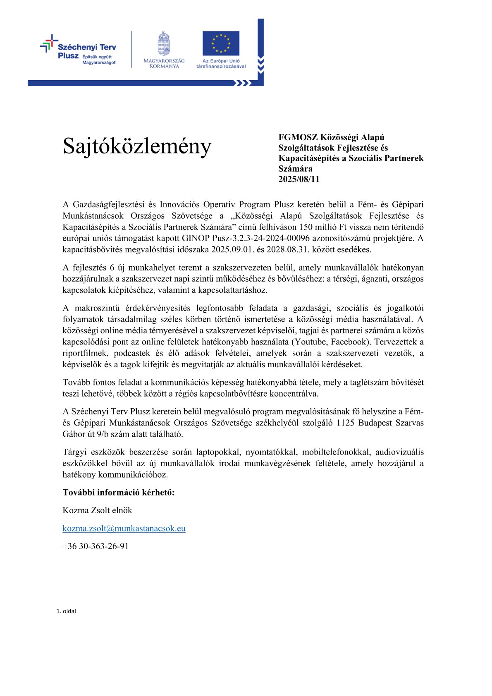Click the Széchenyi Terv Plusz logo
(x=79, y=50)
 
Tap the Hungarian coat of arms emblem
(x=164, y=43)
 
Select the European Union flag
(x=221, y=43)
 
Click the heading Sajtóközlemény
(x=137, y=146)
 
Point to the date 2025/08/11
(x=299, y=179)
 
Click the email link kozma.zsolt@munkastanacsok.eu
(x=124, y=528)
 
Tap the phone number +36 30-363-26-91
(x=96, y=546)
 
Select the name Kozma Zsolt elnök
(x=97, y=510)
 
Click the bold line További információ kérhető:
(x=119, y=492)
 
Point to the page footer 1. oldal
(x=66, y=611)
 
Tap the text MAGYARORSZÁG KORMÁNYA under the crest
(x=164, y=63)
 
